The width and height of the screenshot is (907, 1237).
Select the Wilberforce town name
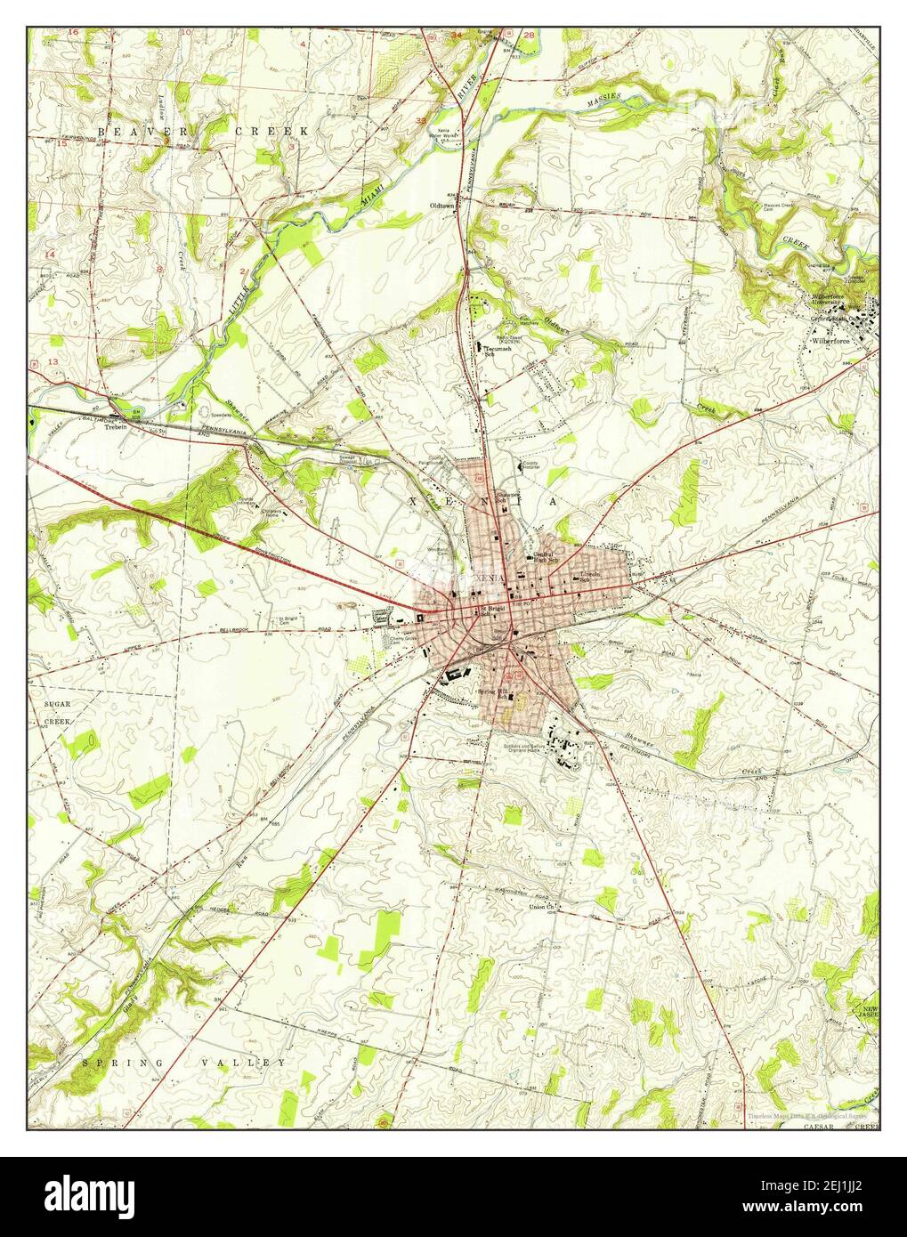[x=833, y=340]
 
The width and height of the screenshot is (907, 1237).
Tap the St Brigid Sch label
[x=492, y=610]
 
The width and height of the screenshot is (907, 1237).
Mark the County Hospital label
[x=532, y=465]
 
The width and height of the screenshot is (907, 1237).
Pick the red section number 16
[x=73, y=32]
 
